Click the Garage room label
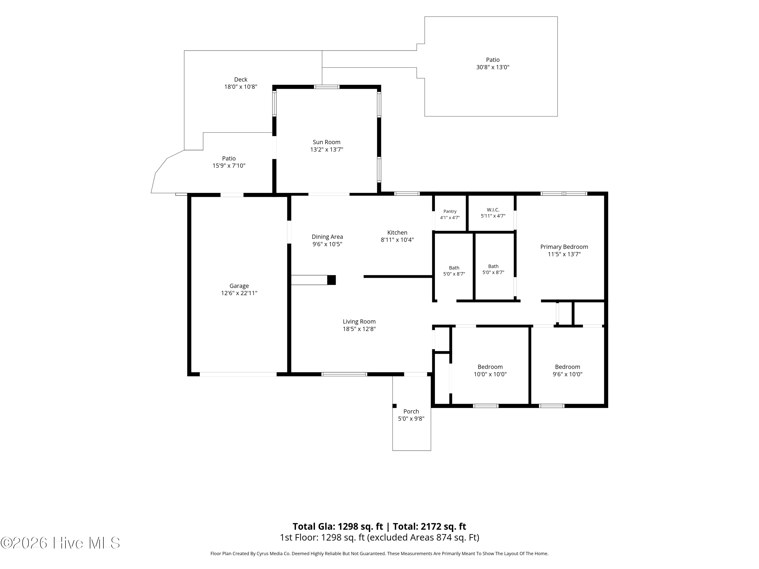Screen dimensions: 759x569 (239, 286)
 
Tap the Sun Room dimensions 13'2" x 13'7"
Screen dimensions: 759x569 (327, 149)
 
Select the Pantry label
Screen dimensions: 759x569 (450, 211)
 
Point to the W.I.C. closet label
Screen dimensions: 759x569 (493, 210)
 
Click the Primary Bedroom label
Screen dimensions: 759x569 (564, 247)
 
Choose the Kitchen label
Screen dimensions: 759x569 (397, 233)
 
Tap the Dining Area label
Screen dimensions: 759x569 (327, 237)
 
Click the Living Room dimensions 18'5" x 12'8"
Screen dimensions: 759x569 (359, 329)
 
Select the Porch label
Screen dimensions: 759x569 (411, 411)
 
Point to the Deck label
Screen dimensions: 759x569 (241, 80)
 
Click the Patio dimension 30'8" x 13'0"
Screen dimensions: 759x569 (493, 67)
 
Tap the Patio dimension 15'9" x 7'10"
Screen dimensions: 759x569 (229, 166)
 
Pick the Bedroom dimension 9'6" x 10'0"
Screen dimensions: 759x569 (567, 374)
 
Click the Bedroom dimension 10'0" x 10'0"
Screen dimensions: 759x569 (490, 374)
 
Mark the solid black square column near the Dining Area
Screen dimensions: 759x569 (331, 280)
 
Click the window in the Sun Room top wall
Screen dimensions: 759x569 (327, 87)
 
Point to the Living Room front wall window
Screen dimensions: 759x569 (344, 374)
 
